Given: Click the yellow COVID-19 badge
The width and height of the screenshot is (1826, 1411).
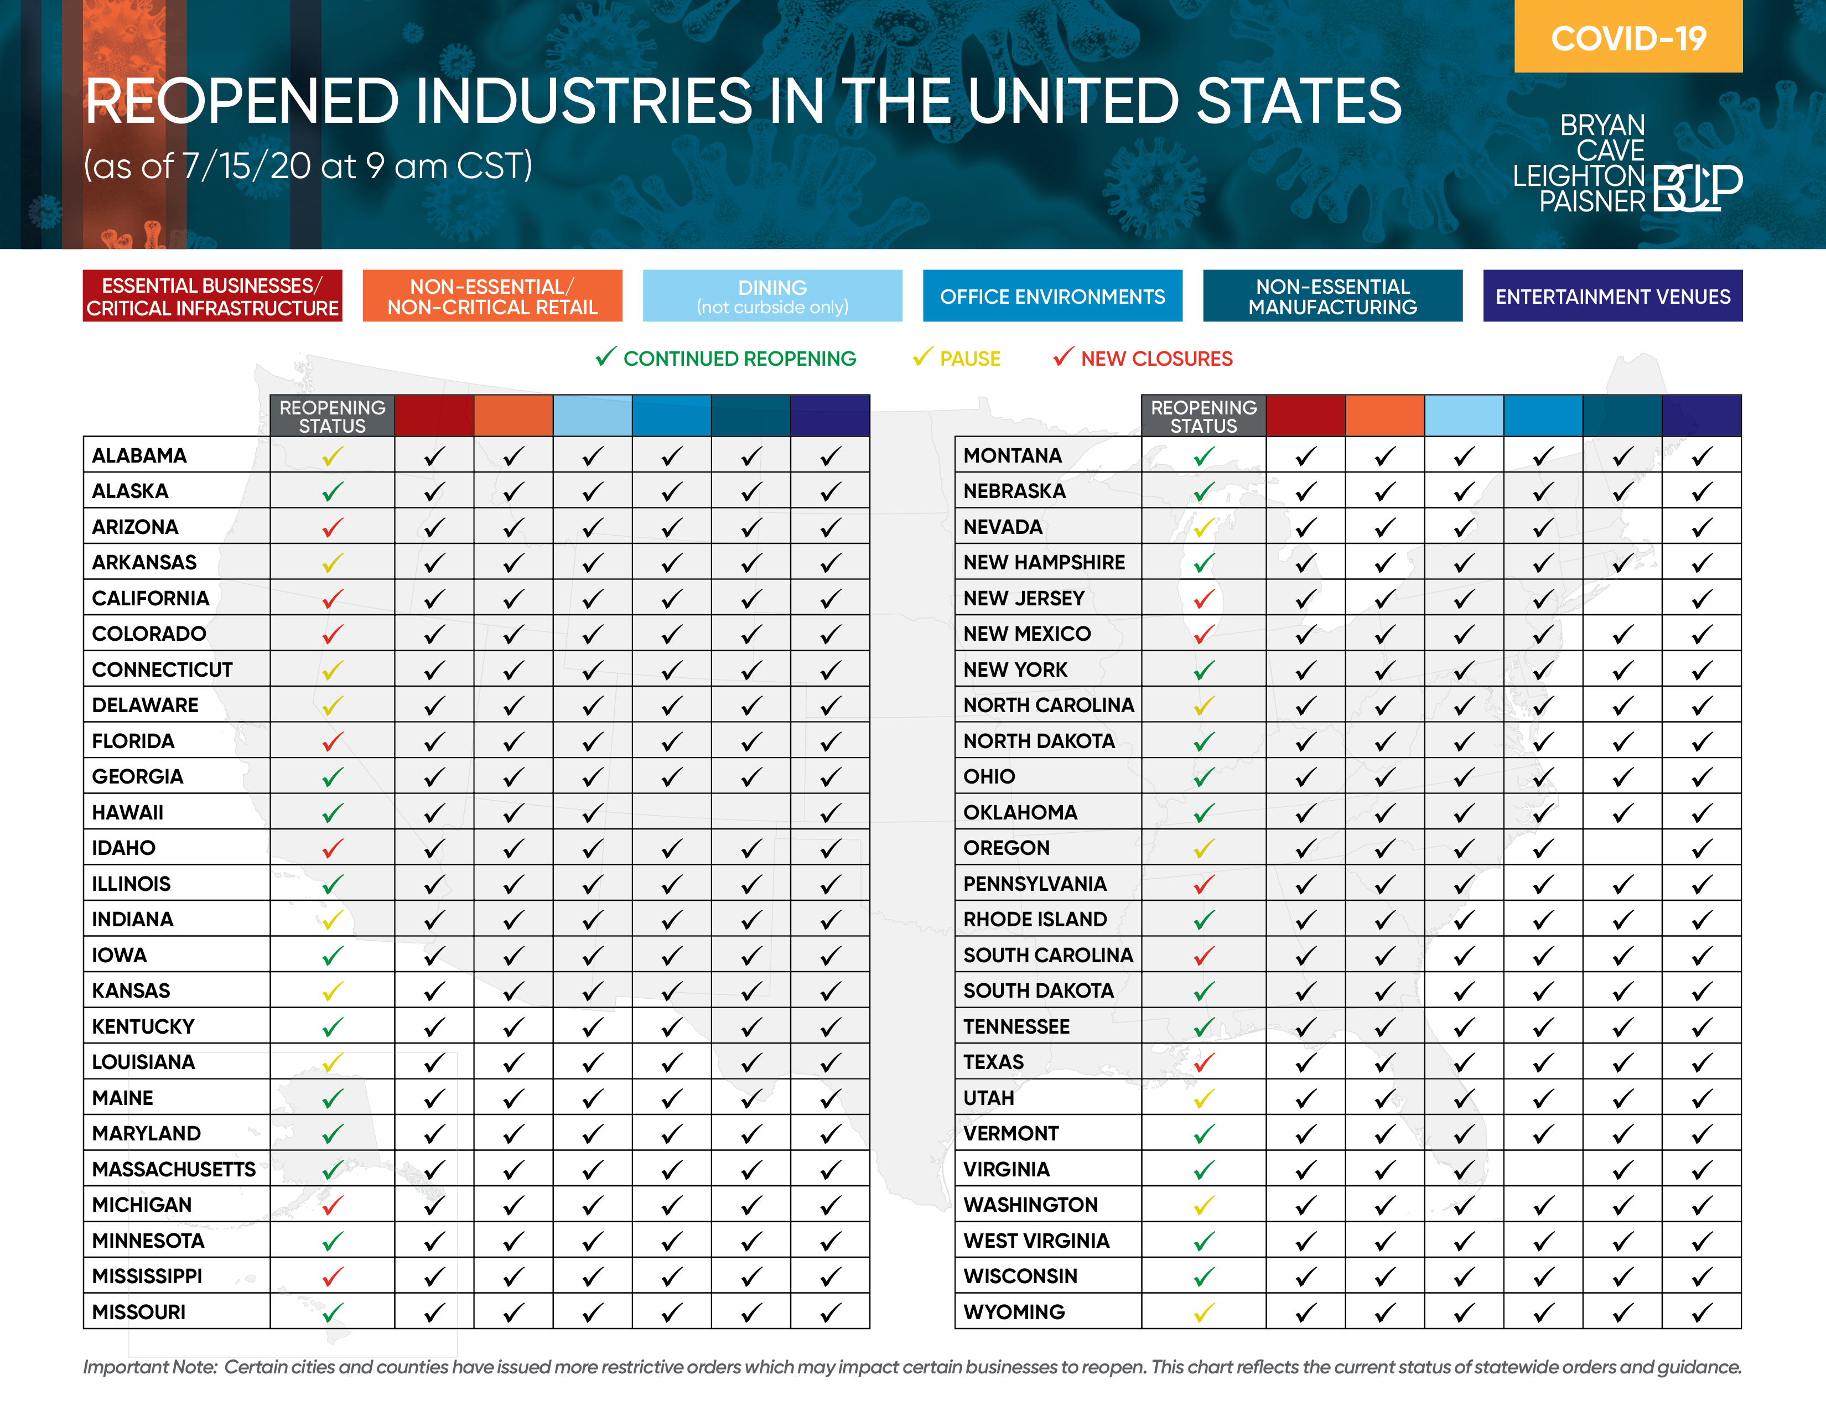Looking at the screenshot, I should (x=1628, y=38).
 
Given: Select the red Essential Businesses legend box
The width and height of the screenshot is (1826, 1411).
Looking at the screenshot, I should (x=212, y=296).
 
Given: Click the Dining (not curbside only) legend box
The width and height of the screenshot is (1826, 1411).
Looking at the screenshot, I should (x=772, y=296).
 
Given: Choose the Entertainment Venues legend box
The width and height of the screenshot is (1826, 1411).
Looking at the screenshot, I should (x=1612, y=296).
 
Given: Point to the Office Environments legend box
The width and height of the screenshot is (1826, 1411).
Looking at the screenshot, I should (x=1052, y=296).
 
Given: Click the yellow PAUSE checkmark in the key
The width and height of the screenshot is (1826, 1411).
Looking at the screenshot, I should (x=922, y=358).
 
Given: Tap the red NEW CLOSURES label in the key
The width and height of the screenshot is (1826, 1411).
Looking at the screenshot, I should (x=1156, y=359).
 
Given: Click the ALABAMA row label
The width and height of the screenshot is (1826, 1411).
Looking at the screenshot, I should (x=139, y=455).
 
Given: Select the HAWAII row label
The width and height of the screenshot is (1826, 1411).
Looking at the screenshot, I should (x=128, y=812).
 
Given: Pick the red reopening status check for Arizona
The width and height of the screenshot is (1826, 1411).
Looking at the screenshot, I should (x=333, y=527).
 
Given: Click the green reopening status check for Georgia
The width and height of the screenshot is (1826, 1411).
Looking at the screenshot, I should (x=333, y=777).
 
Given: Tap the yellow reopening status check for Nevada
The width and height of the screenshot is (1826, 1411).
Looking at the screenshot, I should (x=1203, y=527).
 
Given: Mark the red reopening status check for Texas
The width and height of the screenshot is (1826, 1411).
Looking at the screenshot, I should (x=1203, y=1062).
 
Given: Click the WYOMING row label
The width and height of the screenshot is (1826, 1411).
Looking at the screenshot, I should (x=1014, y=1313).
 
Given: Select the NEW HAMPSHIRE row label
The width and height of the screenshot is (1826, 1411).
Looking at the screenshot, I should (x=1044, y=563).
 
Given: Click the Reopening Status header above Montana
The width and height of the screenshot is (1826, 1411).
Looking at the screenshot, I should (x=1203, y=416).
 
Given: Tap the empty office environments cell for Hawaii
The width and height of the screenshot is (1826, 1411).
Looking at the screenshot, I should (x=671, y=812).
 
